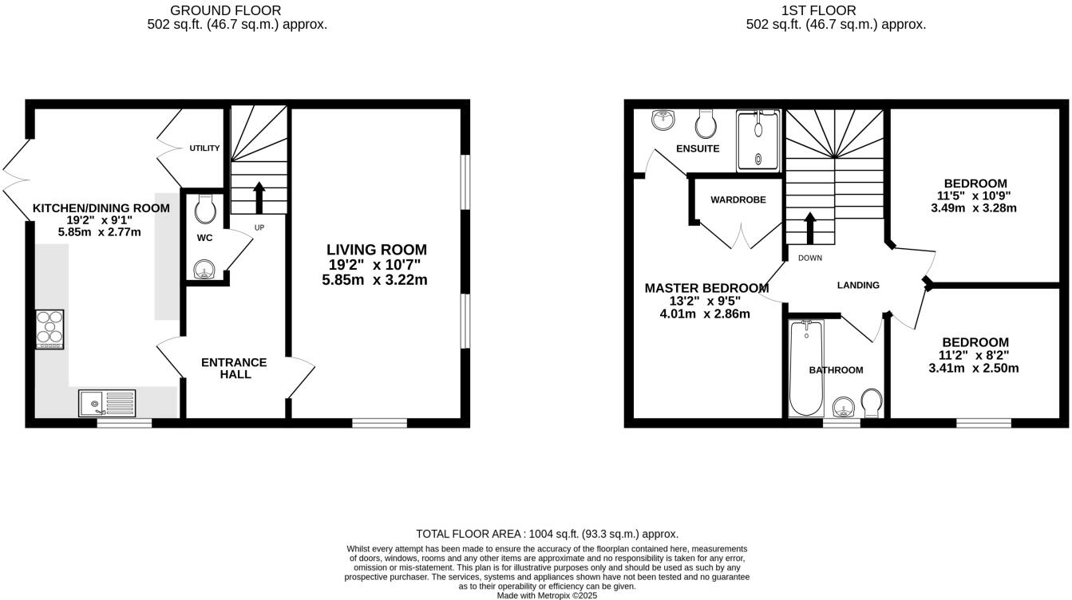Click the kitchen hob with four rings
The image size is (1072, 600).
[x=49, y=330]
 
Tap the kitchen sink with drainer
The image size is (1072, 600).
[x=108, y=403]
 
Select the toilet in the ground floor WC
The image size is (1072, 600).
[x=204, y=210]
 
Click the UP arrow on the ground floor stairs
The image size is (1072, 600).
[x=258, y=197]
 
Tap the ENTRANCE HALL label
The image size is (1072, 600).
[x=234, y=368]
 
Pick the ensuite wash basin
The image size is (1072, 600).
[x=663, y=120]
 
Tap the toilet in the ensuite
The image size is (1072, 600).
[x=705, y=123]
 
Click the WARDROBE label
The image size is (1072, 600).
[x=738, y=200]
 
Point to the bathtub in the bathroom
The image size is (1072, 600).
[x=805, y=368]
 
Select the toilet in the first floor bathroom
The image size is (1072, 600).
[x=872, y=403]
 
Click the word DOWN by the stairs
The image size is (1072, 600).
[x=809, y=258]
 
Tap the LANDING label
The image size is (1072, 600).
[x=857, y=285]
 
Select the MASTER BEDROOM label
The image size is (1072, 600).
[x=706, y=288]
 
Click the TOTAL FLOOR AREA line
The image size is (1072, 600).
[x=547, y=534]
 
